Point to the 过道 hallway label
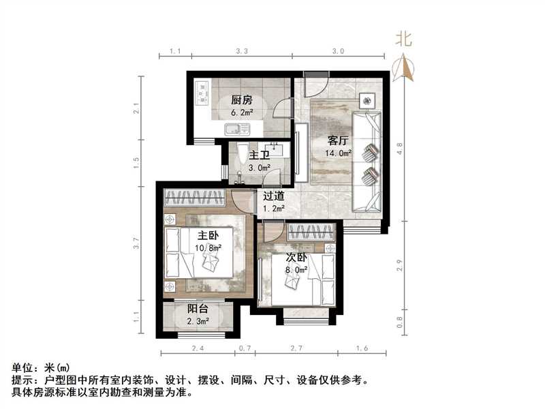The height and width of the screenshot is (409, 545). coord(275,196)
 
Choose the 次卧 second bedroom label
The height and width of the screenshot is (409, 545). coord(296,258)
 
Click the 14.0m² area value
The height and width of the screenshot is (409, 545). coord(338,153)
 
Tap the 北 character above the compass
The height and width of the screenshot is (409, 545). coord(404,40)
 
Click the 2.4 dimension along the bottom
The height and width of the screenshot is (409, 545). coord(198,349)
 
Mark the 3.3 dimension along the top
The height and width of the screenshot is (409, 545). coord(241,51)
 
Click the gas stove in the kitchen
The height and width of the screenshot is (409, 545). coord(202,93)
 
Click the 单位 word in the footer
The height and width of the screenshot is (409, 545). coord(22,369)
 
